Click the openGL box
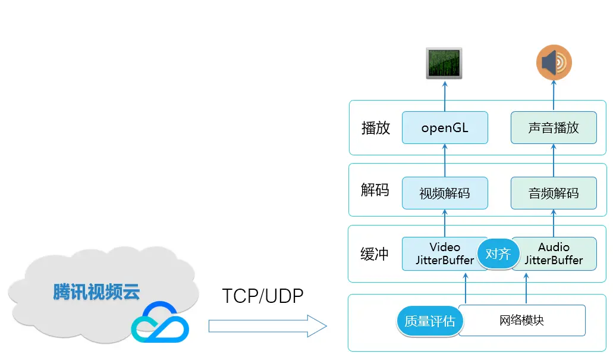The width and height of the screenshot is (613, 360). pyautogui.click(x=445, y=127)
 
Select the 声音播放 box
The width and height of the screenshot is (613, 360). pyautogui.click(x=554, y=127)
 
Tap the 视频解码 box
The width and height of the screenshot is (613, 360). pyautogui.click(x=445, y=193)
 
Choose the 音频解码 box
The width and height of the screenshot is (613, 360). pyautogui.click(x=554, y=193)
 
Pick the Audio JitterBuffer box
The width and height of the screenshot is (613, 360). pyautogui.click(x=557, y=253)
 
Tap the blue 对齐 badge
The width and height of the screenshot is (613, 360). pyautogui.click(x=498, y=254)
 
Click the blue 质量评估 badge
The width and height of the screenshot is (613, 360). pyautogui.click(x=429, y=321)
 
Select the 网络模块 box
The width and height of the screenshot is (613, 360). pyautogui.click(x=522, y=320)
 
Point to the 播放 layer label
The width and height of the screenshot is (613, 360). pyautogui.click(x=376, y=128)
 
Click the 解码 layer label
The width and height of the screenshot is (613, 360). pyautogui.click(x=375, y=190)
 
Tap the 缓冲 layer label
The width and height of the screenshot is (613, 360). pyautogui.click(x=375, y=254)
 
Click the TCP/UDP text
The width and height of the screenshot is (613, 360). pyautogui.click(x=263, y=296)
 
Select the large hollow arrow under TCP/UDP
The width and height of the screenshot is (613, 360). pyautogui.click(x=268, y=326)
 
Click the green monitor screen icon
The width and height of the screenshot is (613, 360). pyautogui.click(x=444, y=64)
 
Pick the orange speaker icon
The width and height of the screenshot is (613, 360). pyautogui.click(x=554, y=63)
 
